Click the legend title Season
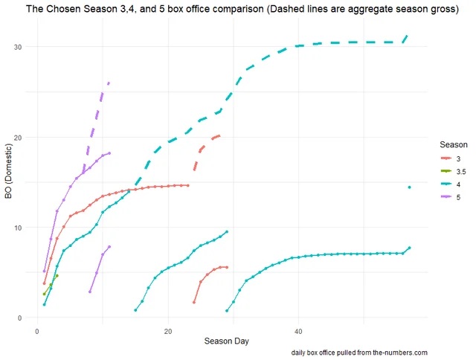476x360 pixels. (452, 144)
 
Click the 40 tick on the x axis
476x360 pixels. (298, 330)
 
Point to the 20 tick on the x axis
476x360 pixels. (168, 330)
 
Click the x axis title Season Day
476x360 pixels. (228, 341)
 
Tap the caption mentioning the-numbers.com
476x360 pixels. (359, 352)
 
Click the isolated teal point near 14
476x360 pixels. (409, 187)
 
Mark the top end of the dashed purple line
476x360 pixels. (109, 83)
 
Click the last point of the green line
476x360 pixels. (57, 276)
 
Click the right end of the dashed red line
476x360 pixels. (219, 135)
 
